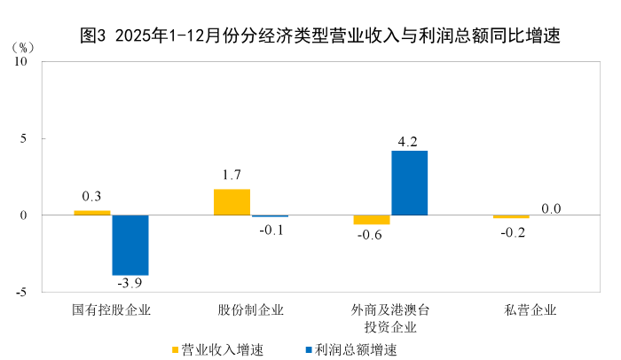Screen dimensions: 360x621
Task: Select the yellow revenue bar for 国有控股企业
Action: pyautogui.click(x=92, y=213)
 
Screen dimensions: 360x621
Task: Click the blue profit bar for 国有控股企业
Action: pyautogui.click(x=130, y=245)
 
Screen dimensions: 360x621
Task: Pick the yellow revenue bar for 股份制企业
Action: pyautogui.click(x=232, y=202)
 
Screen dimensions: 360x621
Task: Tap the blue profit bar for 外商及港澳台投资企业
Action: pyautogui.click(x=409, y=183)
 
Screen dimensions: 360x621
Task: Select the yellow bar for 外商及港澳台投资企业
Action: pyautogui.click(x=372, y=220)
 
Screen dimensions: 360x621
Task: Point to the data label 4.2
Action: pyautogui.click(x=408, y=142)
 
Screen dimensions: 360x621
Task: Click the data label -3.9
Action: pyautogui.click(x=130, y=284)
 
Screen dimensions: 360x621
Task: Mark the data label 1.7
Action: pyautogui.click(x=232, y=175)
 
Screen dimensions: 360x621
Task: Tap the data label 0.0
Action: pyautogui.click(x=552, y=209)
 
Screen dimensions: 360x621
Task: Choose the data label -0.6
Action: pyautogui.click(x=370, y=235)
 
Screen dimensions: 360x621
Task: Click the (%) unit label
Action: pyautogui.click(x=25, y=46)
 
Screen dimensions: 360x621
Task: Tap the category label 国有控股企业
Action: pyautogui.click(x=112, y=310)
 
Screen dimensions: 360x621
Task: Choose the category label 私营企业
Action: pyautogui.click(x=531, y=310)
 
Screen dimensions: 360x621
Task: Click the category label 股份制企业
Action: pyautogui.click(x=251, y=310)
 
